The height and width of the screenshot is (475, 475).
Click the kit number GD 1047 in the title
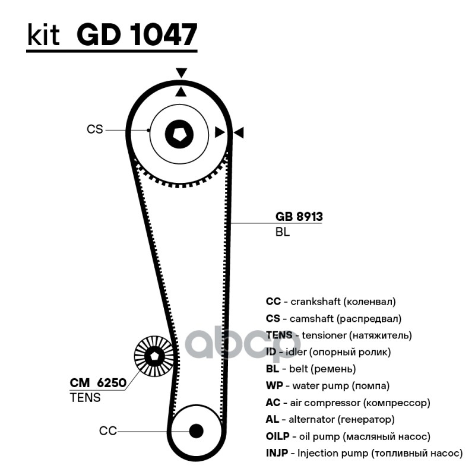137,35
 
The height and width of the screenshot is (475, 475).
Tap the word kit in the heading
43,36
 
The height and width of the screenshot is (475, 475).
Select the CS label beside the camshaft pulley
95,129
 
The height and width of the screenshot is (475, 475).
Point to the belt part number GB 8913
299,217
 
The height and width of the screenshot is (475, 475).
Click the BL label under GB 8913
282,232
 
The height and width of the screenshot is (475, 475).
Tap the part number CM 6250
99,383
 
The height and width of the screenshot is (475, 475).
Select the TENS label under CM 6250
85,398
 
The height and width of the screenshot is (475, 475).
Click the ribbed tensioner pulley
155,357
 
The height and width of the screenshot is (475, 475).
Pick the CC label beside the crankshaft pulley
108,431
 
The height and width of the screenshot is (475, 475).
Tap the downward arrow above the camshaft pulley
181,73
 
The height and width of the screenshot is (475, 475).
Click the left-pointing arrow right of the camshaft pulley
239,132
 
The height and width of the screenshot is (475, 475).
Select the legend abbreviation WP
274,385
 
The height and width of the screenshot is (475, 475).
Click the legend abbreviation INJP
277,454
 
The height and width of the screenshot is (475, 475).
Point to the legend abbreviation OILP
278,436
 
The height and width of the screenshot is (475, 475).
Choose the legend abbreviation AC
273,403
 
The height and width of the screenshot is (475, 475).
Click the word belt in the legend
300,369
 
